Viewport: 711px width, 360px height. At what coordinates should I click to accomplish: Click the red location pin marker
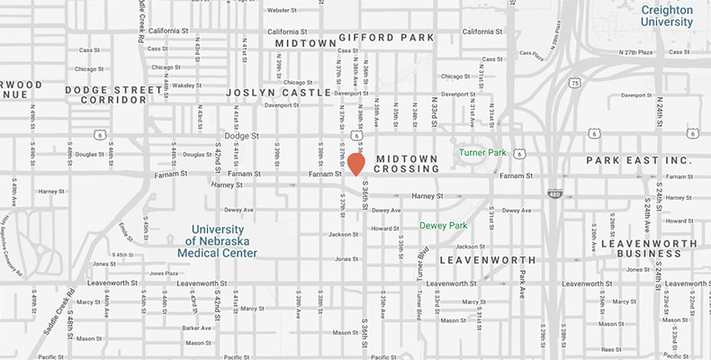pyautogui.click(x=356, y=164)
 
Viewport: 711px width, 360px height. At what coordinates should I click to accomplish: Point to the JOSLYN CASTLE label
pyautogui.click(x=266, y=93)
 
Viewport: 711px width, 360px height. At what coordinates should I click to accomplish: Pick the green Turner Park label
pyautogui.click(x=484, y=153)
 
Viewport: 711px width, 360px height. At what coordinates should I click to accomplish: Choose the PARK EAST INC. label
pyautogui.click(x=638, y=160)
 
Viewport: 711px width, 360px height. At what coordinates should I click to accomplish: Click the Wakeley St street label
pyautogui.click(x=185, y=86)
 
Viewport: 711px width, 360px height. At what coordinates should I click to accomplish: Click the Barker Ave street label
pyautogui.click(x=195, y=328)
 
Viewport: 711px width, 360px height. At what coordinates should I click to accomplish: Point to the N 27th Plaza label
pyautogui.click(x=616, y=53)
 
